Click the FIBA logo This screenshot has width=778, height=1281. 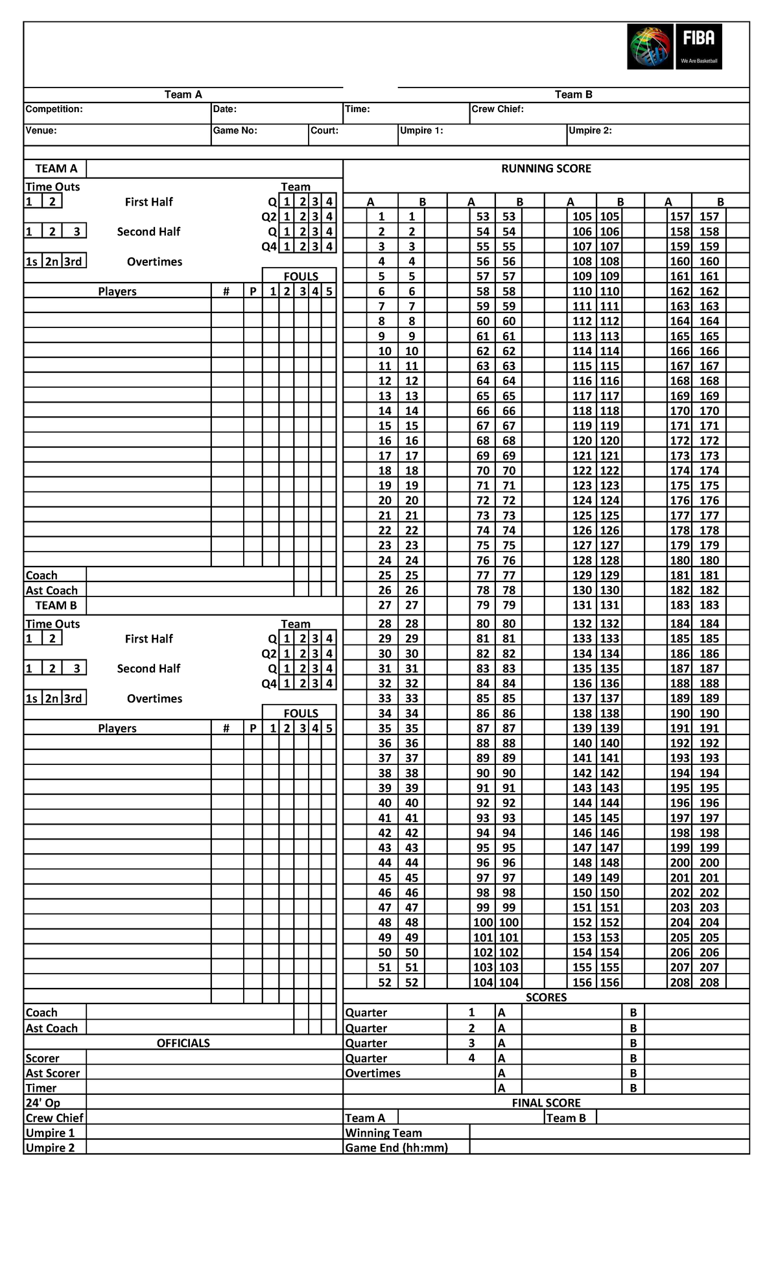(x=674, y=47)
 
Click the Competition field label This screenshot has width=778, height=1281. (x=54, y=109)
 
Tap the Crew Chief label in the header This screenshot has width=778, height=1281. (x=497, y=109)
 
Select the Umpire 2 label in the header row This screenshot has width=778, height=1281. (x=590, y=130)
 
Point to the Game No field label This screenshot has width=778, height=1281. (x=235, y=130)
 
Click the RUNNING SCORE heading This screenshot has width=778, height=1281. (x=546, y=169)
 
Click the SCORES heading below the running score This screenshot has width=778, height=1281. (x=546, y=997)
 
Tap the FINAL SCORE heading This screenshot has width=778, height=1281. (x=546, y=1103)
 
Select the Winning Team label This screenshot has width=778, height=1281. (x=383, y=1133)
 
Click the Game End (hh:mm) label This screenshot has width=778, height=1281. (x=396, y=1147)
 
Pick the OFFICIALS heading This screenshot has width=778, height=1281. (x=183, y=1043)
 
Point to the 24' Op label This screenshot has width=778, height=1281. (x=43, y=1103)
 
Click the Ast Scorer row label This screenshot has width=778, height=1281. (x=53, y=1073)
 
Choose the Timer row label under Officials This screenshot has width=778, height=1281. (x=41, y=1088)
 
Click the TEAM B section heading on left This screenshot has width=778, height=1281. (x=56, y=605)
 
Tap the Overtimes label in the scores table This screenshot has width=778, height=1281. (x=373, y=1073)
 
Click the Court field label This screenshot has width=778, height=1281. (x=324, y=130)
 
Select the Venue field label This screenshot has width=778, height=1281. (x=41, y=130)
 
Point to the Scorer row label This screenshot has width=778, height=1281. (x=42, y=1058)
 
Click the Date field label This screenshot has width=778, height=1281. (x=224, y=109)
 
